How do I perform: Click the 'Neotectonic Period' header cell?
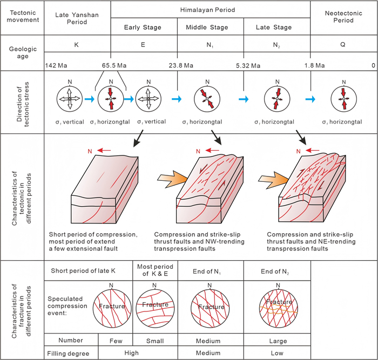click(x=343, y=17)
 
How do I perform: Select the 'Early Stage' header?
click(x=143, y=27)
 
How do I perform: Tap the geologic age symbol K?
click(x=77, y=45)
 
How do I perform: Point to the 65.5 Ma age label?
click(x=114, y=65)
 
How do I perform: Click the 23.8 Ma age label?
click(x=181, y=65)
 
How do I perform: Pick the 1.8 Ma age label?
click(x=314, y=65)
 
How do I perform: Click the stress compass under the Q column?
click(x=344, y=99)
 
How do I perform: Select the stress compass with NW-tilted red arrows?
click(x=207, y=99)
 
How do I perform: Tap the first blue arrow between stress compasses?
click(x=90, y=99)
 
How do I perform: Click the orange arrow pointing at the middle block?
click(x=173, y=179)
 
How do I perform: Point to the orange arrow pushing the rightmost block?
click(x=274, y=180)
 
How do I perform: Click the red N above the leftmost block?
click(x=90, y=151)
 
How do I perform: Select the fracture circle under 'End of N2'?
click(x=279, y=309)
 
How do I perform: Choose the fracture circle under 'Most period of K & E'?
click(x=155, y=308)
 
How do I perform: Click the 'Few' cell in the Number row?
click(x=116, y=341)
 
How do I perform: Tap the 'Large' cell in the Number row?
click(x=278, y=341)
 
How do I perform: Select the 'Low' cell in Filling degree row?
click(x=277, y=353)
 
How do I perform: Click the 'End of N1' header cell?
click(x=207, y=271)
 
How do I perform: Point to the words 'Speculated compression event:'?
click(x=67, y=306)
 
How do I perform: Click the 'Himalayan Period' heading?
click(x=207, y=10)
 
